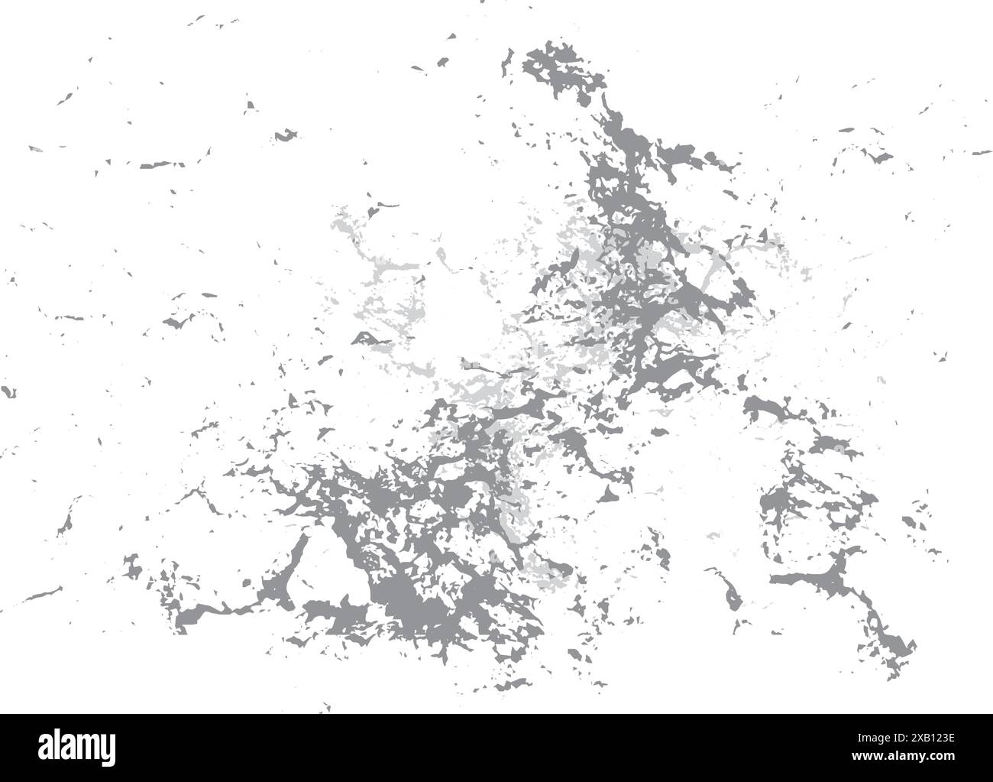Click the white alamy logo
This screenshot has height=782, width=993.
[x=76, y=748]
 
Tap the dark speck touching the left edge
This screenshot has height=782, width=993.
[x=8, y=392]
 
